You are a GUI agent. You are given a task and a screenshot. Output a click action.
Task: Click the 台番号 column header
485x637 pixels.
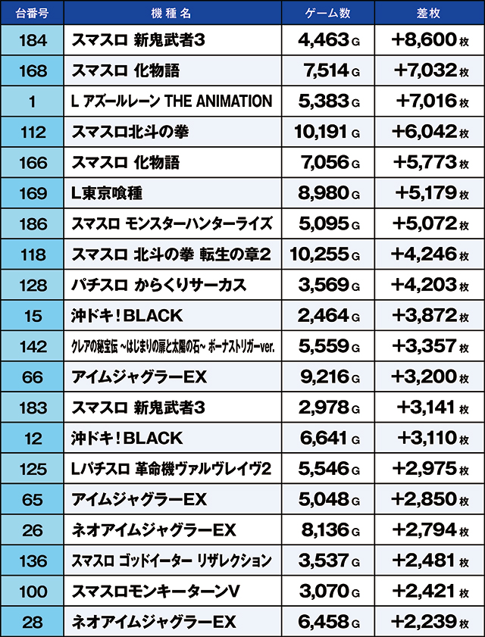click(32, 13)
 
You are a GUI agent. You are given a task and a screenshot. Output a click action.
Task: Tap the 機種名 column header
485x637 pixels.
click(172, 13)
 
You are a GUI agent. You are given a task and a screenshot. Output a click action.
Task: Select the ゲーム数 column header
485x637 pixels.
click(327, 13)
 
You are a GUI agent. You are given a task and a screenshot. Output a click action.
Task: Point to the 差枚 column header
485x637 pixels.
click(429, 13)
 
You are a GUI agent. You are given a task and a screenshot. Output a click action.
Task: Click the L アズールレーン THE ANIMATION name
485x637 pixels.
click(171, 101)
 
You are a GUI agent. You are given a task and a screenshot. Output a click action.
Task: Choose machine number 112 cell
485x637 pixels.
click(32, 132)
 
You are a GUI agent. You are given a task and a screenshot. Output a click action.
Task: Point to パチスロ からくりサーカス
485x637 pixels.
click(158, 285)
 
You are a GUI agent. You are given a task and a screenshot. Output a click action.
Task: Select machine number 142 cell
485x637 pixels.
click(32, 346)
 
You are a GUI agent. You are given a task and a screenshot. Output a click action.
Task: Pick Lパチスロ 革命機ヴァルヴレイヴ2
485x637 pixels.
click(171, 469)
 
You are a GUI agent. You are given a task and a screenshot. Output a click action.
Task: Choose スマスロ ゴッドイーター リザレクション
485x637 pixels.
click(171, 560)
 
